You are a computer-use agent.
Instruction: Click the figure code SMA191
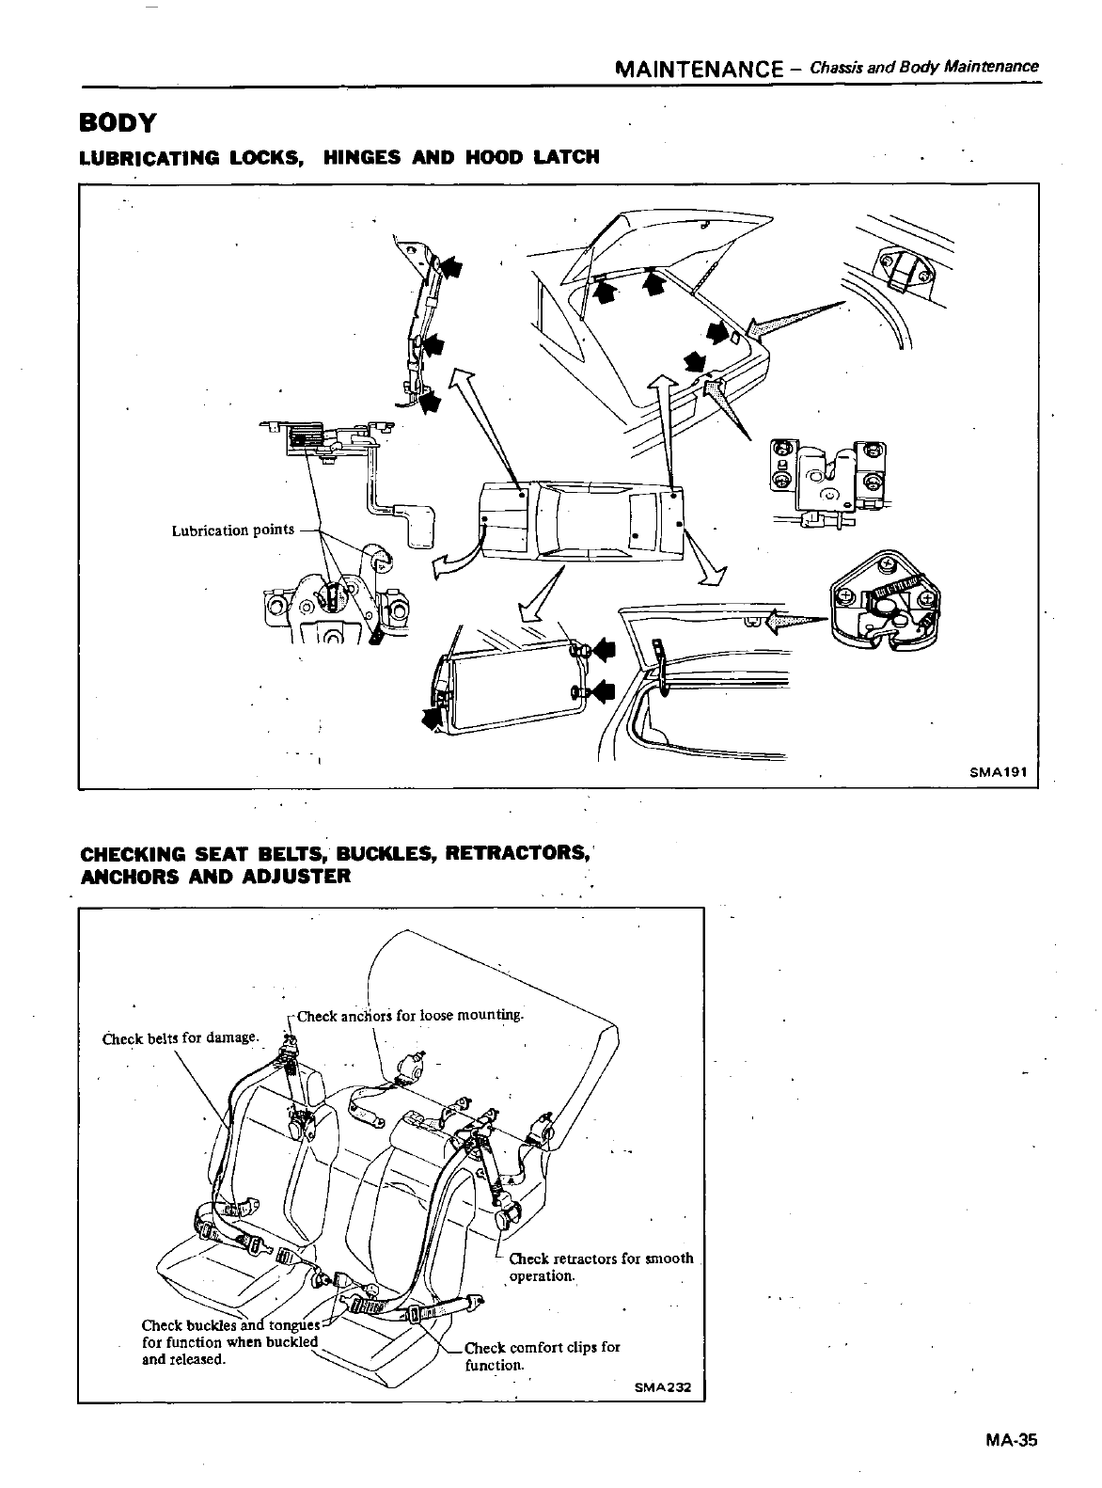pyautogui.click(x=1000, y=772)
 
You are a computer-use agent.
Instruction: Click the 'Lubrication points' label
pyautogui.click(x=232, y=530)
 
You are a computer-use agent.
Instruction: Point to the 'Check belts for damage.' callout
pyautogui.click(x=180, y=1037)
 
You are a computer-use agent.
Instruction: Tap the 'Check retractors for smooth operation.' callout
pyautogui.click(x=600, y=1267)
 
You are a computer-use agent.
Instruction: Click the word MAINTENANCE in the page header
pyautogui.click(x=698, y=68)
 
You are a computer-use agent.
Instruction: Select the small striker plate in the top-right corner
pyautogui.click(x=903, y=273)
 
